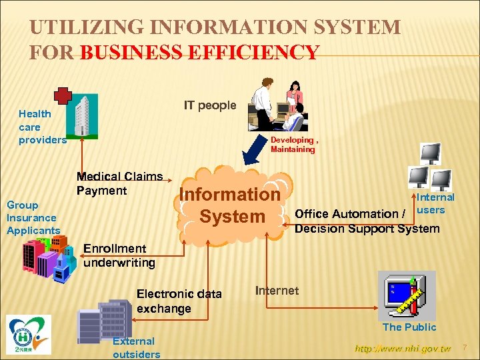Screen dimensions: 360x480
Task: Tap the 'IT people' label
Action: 210,105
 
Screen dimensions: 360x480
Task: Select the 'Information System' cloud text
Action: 231,205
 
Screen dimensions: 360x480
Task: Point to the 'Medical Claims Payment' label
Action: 119,183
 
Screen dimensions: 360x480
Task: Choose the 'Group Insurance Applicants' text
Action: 33,217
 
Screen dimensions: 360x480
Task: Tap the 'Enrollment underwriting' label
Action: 119,255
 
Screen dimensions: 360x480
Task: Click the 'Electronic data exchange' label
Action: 179,301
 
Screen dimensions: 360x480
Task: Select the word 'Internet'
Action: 277,290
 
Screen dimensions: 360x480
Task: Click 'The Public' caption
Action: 409,327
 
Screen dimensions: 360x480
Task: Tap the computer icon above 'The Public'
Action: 405,293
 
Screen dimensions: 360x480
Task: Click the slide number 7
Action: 466,347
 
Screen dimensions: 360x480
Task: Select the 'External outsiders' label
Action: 136,347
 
